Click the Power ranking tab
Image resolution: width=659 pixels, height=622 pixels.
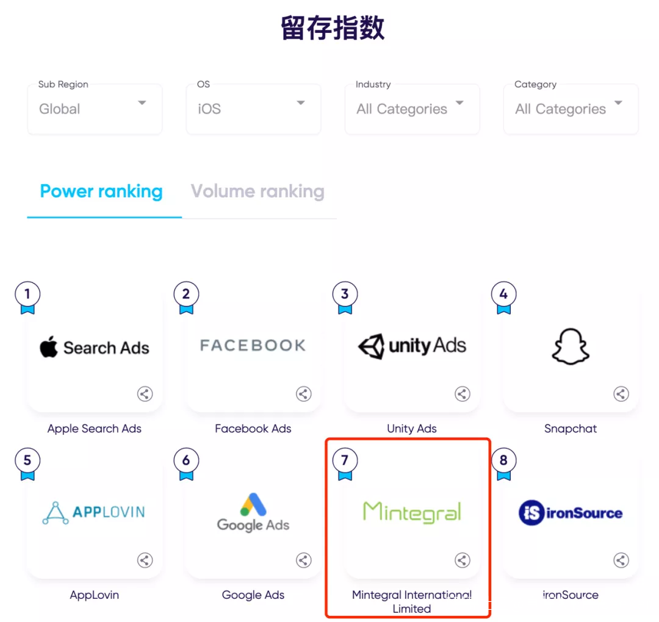coord(101,191)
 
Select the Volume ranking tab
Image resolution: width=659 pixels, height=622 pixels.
coord(257,191)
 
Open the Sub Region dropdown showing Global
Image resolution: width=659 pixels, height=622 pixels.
coord(95,109)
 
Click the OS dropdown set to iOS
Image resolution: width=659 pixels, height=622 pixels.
coord(253,109)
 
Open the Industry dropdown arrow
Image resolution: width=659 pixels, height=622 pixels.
coord(460,102)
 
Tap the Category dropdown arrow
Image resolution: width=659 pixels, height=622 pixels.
coord(618,102)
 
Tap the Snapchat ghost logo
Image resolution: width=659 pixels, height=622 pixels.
coord(571,346)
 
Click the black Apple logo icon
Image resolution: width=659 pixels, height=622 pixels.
coord(49,346)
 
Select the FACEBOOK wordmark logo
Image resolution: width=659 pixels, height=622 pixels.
coord(253,345)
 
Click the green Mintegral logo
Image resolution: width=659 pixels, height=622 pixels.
coord(412,512)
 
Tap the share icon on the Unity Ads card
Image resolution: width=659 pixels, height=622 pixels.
coord(463,394)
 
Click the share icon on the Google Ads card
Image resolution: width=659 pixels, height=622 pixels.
coord(303,560)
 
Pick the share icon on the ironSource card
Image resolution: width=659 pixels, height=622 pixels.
coord(621,560)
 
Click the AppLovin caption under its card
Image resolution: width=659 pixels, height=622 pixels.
coord(95,595)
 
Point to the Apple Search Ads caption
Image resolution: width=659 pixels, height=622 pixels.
coord(95,428)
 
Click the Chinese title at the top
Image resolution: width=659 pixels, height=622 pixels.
coord(333,27)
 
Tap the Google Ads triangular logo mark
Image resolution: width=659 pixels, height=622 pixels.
coord(253,504)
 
